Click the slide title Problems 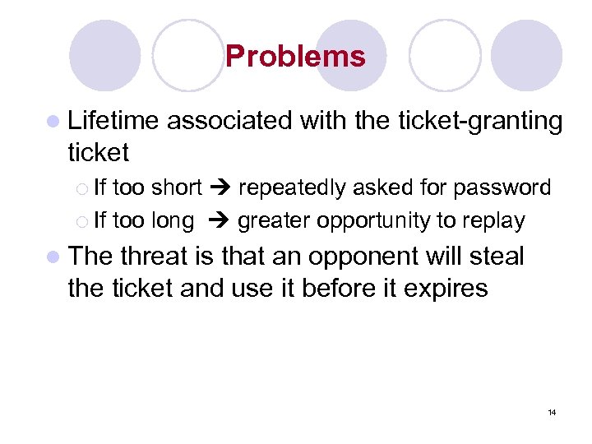pos(294,57)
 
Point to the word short pos(177,188)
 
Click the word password pos(502,188)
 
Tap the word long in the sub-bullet pos(173,220)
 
